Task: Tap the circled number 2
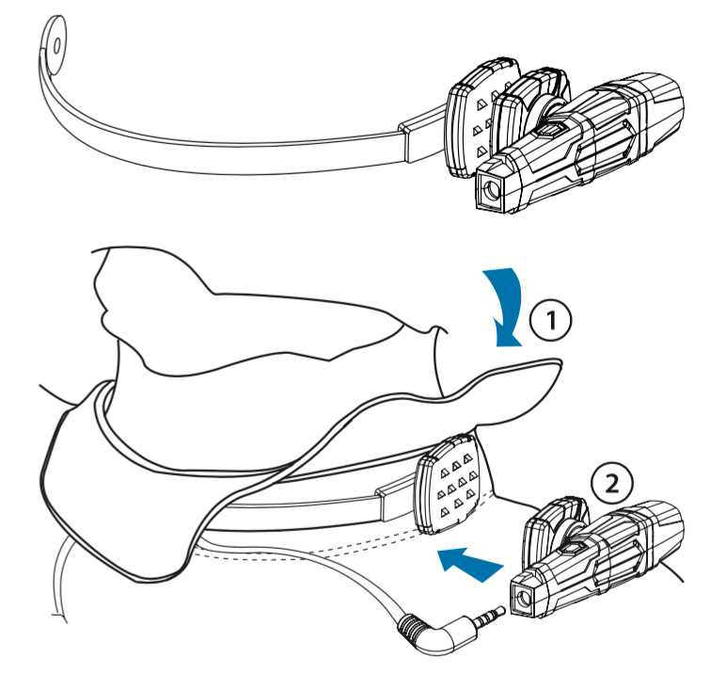[x=611, y=484]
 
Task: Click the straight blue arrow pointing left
[x=467, y=564]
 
